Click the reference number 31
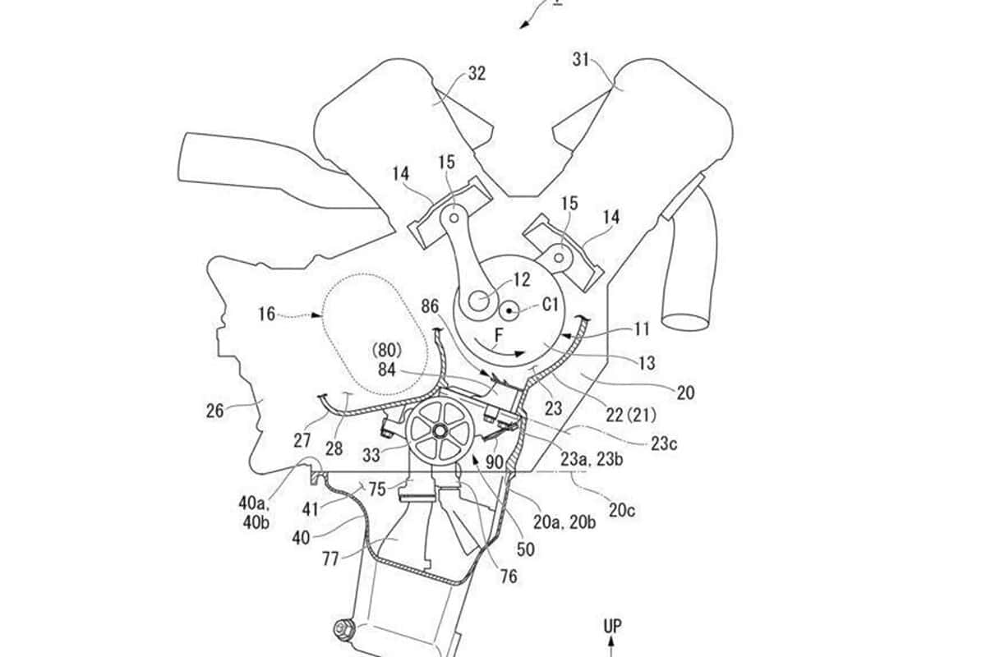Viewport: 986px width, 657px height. coord(581,59)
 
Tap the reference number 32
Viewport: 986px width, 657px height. coord(477,73)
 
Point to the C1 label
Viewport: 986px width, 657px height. coord(551,305)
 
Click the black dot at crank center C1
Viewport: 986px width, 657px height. coord(509,311)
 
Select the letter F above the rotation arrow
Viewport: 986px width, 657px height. coord(498,336)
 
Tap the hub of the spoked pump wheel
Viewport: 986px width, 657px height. coord(439,431)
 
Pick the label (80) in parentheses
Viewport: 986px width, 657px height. coord(386,351)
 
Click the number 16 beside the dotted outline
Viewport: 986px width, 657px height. coord(267,315)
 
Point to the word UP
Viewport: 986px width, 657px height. coord(612,626)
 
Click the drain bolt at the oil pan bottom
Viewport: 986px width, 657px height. coord(343,630)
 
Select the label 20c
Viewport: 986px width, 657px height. coord(622,511)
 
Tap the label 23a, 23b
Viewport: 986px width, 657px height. coord(592,459)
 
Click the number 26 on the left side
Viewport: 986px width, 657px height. coord(214,411)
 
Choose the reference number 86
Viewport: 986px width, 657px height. coord(430,306)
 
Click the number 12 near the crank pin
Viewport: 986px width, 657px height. coord(522,279)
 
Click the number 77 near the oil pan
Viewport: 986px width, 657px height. coord(330,559)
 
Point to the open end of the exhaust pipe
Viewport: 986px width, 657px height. coord(684,322)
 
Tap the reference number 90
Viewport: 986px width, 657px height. coord(495,462)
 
